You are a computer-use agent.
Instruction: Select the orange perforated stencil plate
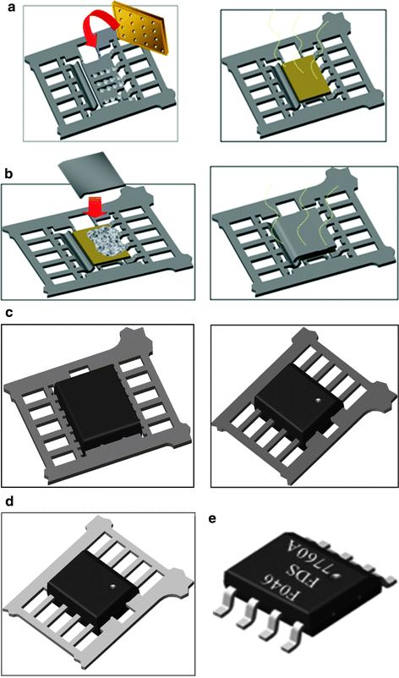[x=147, y=33]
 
